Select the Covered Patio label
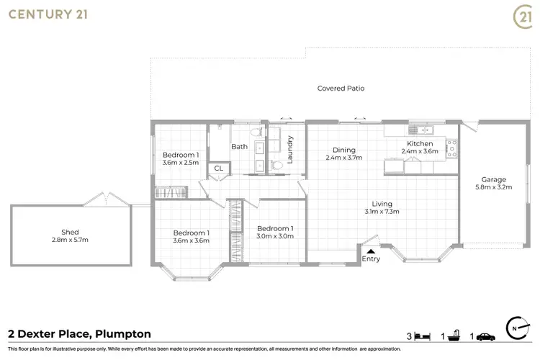341,89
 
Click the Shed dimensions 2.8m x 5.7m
70,239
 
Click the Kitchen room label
418,143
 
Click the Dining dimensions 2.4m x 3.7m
343,157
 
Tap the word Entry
371,259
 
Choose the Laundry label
290,149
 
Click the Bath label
239,147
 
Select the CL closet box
218,170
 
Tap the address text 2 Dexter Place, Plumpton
78,334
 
